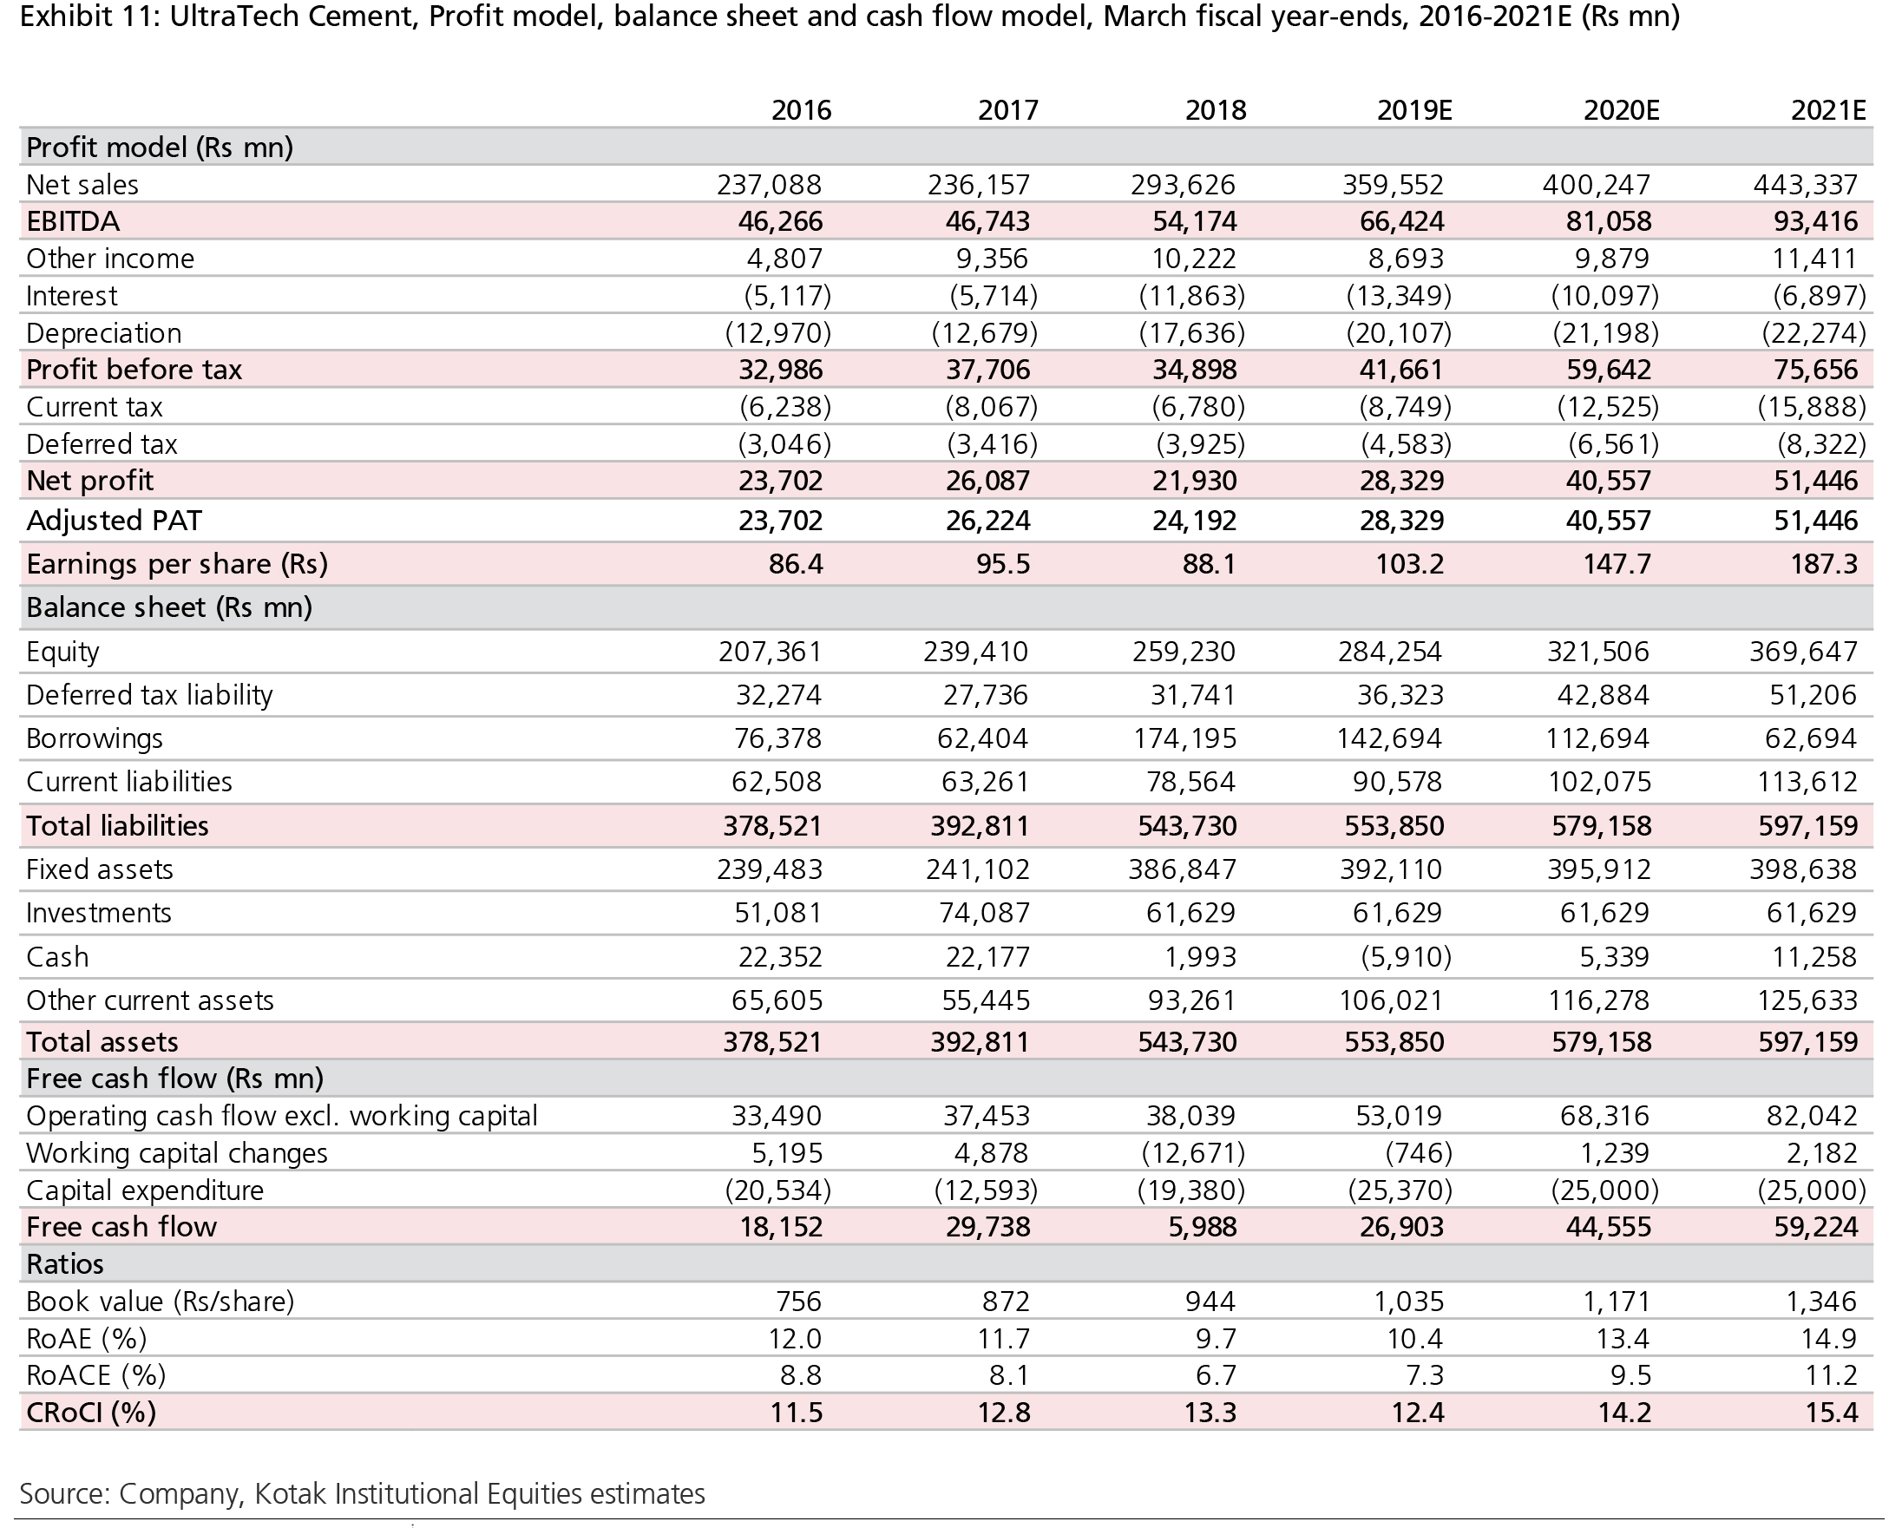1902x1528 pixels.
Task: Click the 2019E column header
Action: pyautogui.click(x=1414, y=110)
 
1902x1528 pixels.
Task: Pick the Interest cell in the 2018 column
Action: pyautogui.click(x=1192, y=296)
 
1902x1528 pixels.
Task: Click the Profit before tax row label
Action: pyautogui.click(x=134, y=370)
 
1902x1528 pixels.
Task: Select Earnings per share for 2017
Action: pyautogui.click(x=1003, y=564)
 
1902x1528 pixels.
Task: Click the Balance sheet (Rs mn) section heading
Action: pyautogui.click(x=169, y=608)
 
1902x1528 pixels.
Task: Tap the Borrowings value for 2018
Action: pyautogui.click(x=1184, y=738)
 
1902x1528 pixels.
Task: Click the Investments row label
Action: pyautogui.click(x=99, y=913)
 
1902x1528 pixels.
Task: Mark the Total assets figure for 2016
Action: pyautogui.click(x=772, y=1042)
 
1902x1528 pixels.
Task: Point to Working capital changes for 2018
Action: pyautogui.click(x=1192, y=1153)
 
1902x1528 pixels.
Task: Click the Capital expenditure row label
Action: pyautogui.click(x=145, y=1190)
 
